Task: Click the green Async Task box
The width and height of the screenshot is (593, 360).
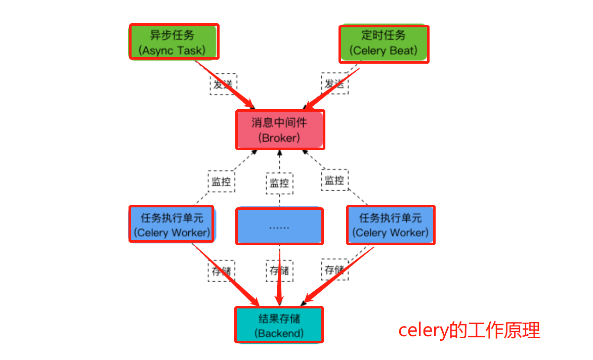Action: (x=174, y=42)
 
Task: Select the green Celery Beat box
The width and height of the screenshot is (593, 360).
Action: (x=384, y=43)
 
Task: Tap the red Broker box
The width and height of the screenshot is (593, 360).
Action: (x=280, y=129)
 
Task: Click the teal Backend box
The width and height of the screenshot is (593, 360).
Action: (x=279, y=325)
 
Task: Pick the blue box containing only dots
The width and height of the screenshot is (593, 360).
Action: (x=279, y=226)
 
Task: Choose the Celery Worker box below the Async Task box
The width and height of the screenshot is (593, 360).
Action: (x=172, y=224)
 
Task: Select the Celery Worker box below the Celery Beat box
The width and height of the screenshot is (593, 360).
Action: (x=391, y=225)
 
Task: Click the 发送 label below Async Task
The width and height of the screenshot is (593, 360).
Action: (x=224, y=84)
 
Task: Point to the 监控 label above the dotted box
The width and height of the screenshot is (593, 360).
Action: (x=280, y=183)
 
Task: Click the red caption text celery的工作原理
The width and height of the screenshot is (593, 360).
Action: (x=469, y=330)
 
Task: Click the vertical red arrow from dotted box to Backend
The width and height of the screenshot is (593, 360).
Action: (x=279, y=276)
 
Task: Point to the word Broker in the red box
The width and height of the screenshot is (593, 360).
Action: (x=279, y=138)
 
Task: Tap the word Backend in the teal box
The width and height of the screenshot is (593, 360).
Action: (x=279, y=334)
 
